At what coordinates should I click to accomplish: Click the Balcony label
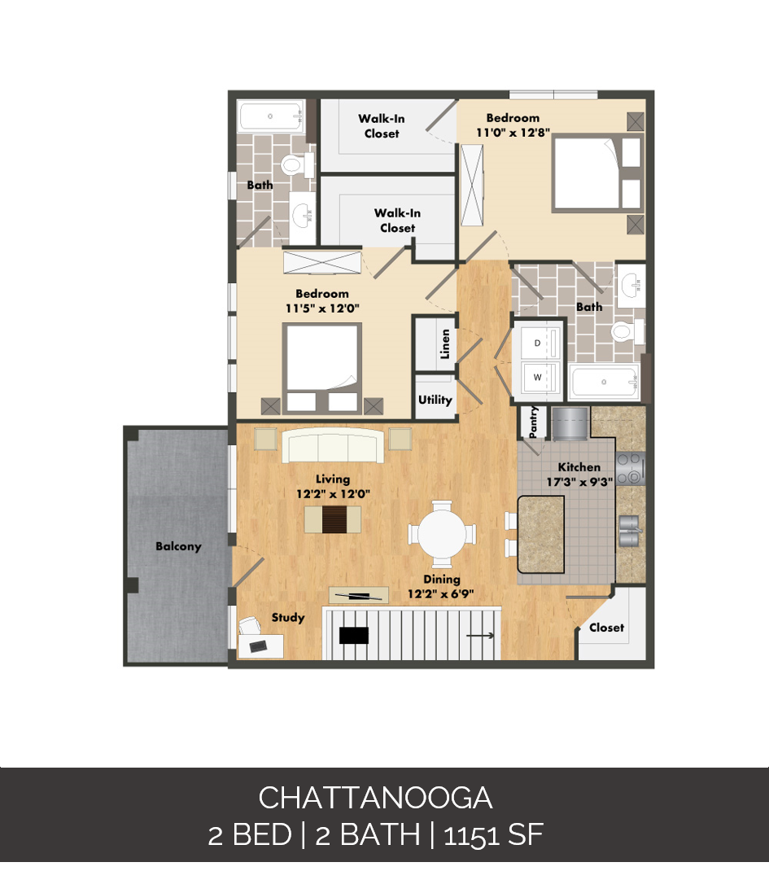(x=178, y=546)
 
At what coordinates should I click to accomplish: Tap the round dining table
(x=441, y=534)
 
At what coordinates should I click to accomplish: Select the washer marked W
(x=537, y=378)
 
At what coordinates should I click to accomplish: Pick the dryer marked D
(x=537, y=343)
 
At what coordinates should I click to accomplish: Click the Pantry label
(x=534, y=422)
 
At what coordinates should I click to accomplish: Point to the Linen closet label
(x=445, y=344)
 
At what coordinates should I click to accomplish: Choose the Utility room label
(x=435, y=400)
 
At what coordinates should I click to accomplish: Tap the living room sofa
(x=332, y=445)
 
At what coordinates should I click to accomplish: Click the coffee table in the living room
(x=332, y=519)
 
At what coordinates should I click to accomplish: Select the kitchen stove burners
(x=630, y=468)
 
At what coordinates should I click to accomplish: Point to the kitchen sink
(x=630, y=531)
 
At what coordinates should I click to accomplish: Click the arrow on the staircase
(x=481, y=636)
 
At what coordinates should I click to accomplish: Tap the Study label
(x=288, y=618)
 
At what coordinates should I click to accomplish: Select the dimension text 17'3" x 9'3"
(x=579, y=481)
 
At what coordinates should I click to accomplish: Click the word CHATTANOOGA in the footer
(x=375, y=798)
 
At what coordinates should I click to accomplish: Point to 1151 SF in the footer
(x=493, y=835)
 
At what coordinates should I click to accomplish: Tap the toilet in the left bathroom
(x=292, y=166)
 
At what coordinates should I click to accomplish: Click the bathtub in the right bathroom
(x=603, y=383)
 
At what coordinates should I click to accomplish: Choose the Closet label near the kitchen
(x=606, y=628)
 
